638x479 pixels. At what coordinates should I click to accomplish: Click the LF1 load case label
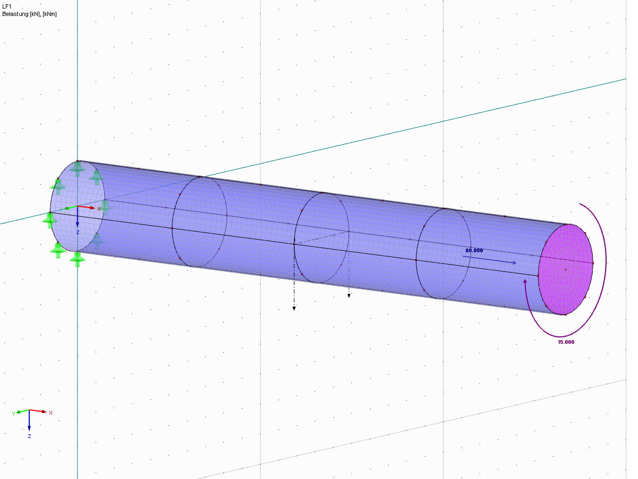[x=6, y=6]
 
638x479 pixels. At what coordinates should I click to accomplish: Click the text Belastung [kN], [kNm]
[x=29, y=13]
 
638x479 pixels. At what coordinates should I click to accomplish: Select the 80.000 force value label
[x=474, y=250]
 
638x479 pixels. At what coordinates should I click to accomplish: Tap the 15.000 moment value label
[x=566, y=342]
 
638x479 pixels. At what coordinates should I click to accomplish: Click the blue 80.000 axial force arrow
[x=489, y=260]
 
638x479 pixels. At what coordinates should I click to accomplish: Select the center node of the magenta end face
[x=566, y=270]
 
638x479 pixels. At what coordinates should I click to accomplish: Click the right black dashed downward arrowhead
[x=349, y=295]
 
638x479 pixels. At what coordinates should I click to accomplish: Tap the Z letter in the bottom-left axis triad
[x=29, y=436]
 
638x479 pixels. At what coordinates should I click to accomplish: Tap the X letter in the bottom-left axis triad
[x=51, y=412]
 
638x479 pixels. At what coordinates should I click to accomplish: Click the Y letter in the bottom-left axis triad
[x=13, y=412]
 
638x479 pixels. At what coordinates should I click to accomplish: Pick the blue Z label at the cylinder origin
[x=78, y=233]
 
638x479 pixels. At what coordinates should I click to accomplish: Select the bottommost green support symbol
[x=78, y=259]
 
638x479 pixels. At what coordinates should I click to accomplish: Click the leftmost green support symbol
[x=50, y=220]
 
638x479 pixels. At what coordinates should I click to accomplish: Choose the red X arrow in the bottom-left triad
[x=38, y=411]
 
